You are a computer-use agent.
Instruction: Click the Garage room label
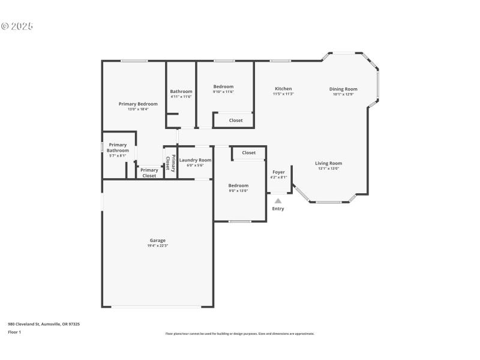coord(157,241)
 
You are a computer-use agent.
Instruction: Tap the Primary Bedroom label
coord(138,104)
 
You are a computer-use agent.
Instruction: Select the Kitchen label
coord(283,89)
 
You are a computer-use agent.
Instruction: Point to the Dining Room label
coord(343,89)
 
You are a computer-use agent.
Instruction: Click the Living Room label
coord(329,163)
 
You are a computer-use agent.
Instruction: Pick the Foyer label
coord(278,172)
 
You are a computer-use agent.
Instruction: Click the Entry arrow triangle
coord(278,201)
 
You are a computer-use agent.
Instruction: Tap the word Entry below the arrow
coord(278,209)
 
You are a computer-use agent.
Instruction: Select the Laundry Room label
coord(196,160)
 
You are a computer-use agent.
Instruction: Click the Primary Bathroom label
coord(118,148)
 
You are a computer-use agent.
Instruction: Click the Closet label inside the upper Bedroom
coord(236,121)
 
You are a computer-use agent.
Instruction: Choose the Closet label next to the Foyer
coord(249,153)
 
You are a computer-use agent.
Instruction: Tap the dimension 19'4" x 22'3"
coord(157,246)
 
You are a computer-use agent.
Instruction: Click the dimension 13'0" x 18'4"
coord(138,109)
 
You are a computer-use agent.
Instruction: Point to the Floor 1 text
coord(14,332)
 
